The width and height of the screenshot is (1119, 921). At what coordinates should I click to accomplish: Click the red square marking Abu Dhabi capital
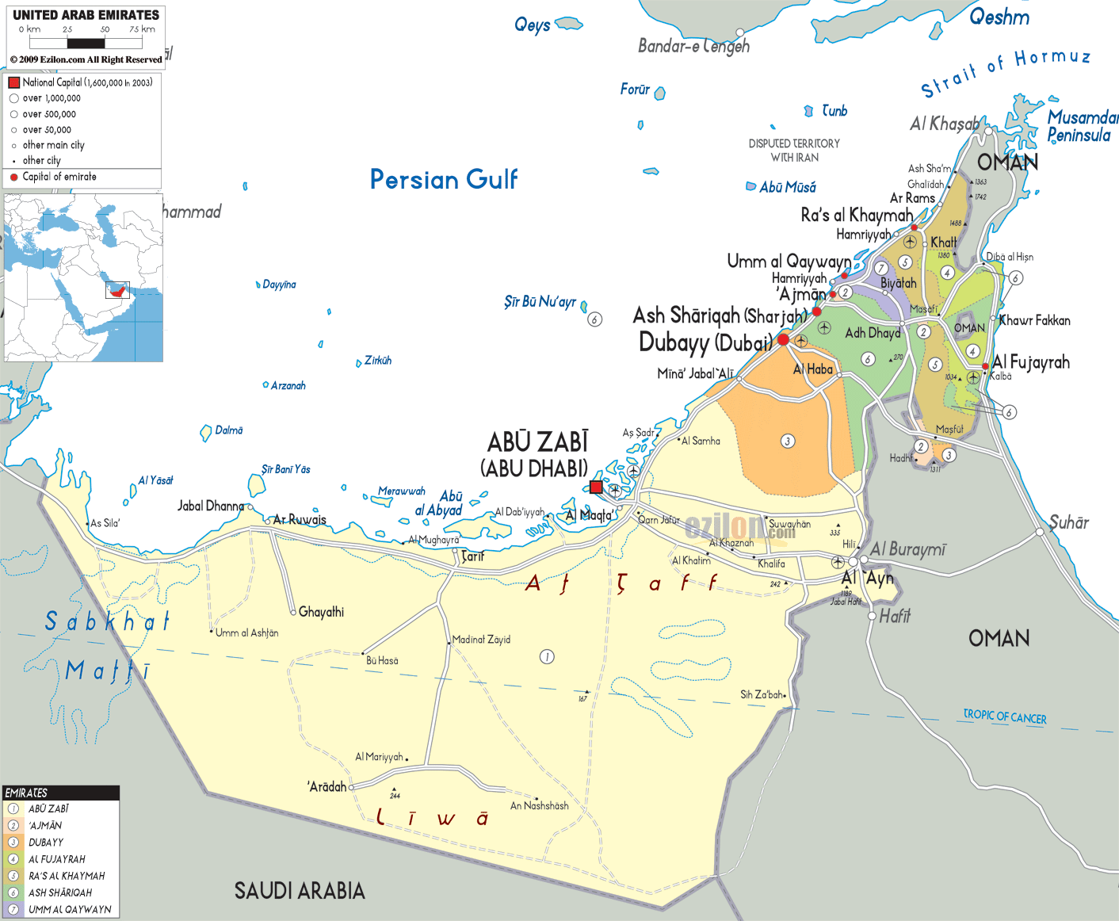596,487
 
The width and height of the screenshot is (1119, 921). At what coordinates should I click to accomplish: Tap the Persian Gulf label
444,179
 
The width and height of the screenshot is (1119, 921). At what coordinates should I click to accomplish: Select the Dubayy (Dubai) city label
705,342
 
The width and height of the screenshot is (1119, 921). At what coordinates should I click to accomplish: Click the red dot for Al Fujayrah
985,367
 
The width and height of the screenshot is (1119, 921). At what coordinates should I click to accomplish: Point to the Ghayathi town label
321,612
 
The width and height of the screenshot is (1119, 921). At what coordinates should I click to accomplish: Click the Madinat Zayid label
482,640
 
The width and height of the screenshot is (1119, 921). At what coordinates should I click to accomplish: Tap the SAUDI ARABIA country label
300,891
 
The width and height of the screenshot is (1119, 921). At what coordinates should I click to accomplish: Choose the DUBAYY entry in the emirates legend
46,843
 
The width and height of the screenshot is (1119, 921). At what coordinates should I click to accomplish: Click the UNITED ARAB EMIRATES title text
86,15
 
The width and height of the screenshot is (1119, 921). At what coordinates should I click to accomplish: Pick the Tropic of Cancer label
1004,717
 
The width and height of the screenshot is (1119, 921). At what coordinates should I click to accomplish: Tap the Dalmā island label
229,430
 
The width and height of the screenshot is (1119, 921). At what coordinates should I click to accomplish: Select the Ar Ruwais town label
300,520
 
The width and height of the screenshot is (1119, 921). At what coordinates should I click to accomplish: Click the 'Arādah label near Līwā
327,786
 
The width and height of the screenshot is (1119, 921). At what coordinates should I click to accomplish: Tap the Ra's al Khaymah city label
857,215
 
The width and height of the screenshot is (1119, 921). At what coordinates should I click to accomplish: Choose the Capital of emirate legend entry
59,177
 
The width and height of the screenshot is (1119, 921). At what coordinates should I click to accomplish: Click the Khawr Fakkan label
1035,320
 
